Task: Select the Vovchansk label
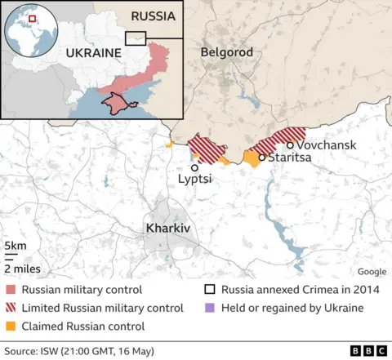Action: [x=327, y=144]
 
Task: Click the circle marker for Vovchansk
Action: [x=290, y=144]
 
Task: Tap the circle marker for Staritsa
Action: [x=261, y=158]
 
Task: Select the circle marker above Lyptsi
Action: [x=194, y=167]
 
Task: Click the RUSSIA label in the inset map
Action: [x=154, y=16]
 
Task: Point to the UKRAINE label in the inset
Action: [x=92, y=52]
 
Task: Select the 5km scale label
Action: [x=14, y=246]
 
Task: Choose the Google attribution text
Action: [x=372, y=272]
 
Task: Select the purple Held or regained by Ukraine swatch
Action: [x=210, y=308]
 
